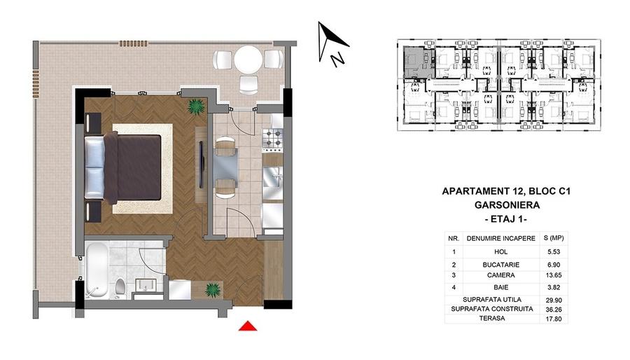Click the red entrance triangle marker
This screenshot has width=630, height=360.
point(248,326)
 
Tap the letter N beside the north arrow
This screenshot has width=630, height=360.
point(337,59)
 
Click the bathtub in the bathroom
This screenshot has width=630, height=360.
point(97,270)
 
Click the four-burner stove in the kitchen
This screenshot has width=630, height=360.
point(273,138)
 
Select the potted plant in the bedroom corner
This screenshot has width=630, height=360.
point(196,106)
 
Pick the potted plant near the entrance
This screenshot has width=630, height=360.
point(213,289)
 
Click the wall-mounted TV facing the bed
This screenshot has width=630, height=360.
point(202,165)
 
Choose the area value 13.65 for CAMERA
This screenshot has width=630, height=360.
point(554,275)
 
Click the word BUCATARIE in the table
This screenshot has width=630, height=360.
point(501,265)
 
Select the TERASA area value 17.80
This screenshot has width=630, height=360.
point(554,319)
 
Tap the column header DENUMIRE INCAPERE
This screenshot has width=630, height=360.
point(501,238)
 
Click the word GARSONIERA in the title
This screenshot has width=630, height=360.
point(507,205)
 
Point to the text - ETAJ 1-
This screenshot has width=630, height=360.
point(506,219)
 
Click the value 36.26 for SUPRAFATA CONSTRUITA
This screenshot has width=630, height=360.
point(554,310)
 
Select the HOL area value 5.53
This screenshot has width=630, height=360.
point(554,252)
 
